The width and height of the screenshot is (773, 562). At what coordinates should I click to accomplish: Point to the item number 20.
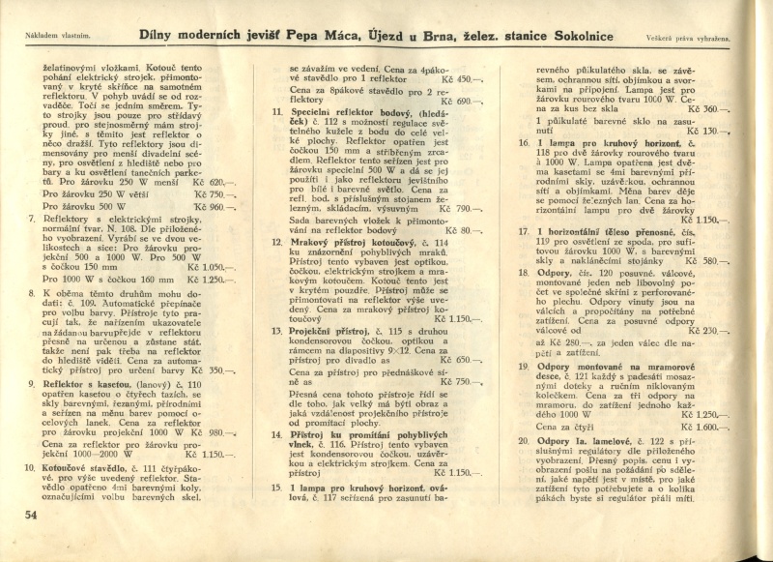pos(523,440)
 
